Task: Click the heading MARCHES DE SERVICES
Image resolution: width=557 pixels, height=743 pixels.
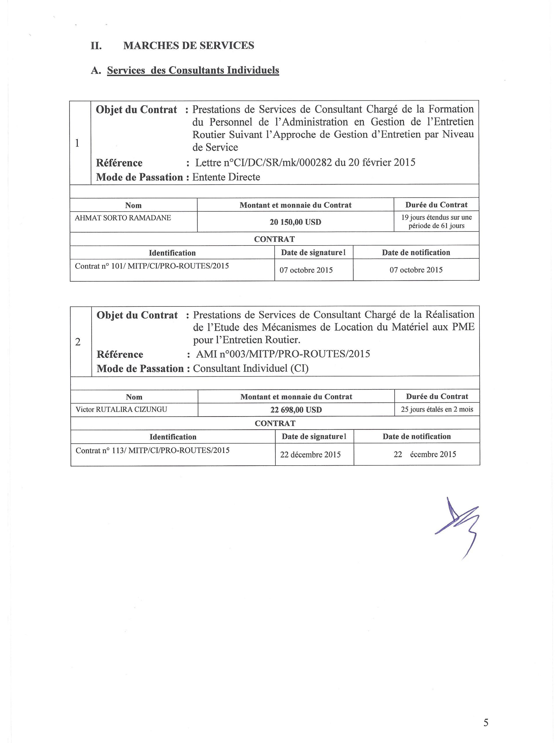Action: click(188, 45)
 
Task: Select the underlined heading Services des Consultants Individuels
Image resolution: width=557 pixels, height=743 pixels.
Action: click(193, 70)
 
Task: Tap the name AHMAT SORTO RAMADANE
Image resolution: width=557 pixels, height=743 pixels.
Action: click(123, 218)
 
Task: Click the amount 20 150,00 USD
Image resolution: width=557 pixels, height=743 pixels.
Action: click(295, 222)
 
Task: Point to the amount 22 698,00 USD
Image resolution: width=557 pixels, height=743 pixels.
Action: click(296, 410)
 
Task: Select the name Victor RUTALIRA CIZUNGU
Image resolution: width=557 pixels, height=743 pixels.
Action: click(121, 410)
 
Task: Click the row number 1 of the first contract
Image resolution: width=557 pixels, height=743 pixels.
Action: click(77, 143)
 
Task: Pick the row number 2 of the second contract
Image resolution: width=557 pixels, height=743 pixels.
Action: click(78, 342)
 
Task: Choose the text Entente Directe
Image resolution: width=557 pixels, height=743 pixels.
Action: click(226, 177)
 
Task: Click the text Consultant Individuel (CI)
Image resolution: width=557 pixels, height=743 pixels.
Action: click(251, 369)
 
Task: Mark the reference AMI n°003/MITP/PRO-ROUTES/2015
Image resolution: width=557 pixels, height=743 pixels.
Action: click(283, 354)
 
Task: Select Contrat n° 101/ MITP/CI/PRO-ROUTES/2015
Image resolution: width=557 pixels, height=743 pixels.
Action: click(152, 266)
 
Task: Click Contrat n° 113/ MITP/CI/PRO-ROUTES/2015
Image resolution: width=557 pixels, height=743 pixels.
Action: click(152, 450)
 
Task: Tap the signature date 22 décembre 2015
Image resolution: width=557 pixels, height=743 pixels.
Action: click(310, 455)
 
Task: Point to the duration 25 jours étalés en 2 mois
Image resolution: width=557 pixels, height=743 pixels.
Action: click(437, 410)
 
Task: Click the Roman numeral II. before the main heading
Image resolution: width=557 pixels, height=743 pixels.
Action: click(96, 46)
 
